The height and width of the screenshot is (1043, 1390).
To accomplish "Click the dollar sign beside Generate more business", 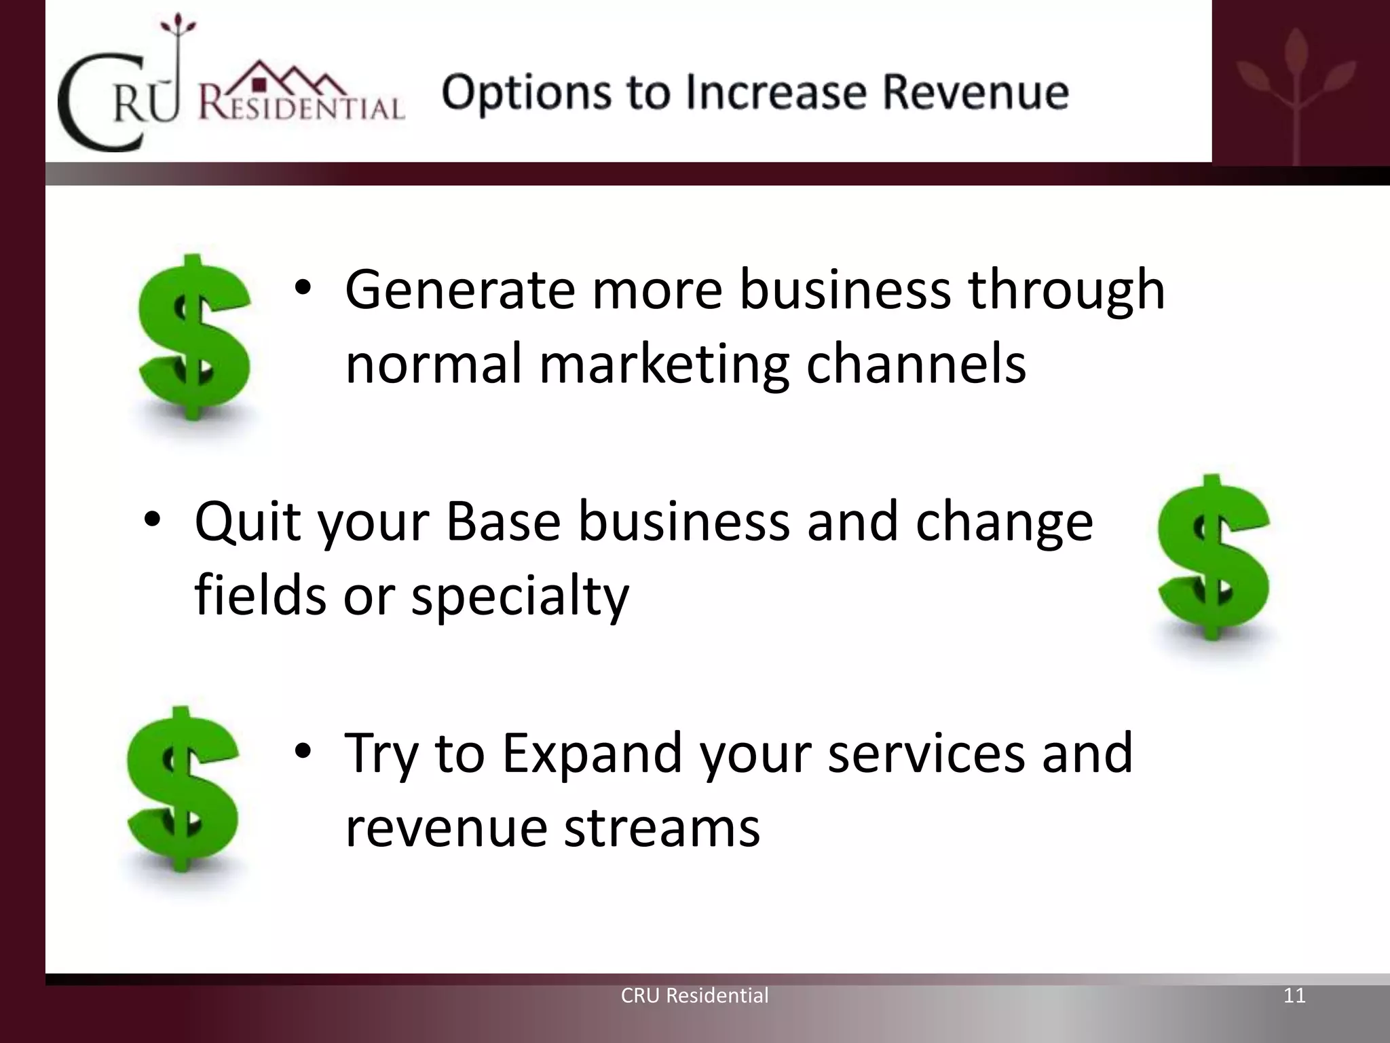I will [x=194, y=337].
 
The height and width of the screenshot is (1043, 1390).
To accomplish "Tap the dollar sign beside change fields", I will [x=1214, y=557].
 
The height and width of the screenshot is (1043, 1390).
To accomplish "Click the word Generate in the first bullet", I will [x=460, y=291].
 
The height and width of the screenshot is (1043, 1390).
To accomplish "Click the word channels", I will [x=916, y=363].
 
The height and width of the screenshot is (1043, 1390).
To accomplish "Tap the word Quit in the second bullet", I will [x=248, y=521].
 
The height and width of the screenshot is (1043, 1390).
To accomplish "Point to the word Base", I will [x=503, y=521].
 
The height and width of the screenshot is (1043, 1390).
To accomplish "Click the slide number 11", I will [x=1294, y=995].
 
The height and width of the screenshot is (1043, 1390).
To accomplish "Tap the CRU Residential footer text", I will [x=694, y=995].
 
